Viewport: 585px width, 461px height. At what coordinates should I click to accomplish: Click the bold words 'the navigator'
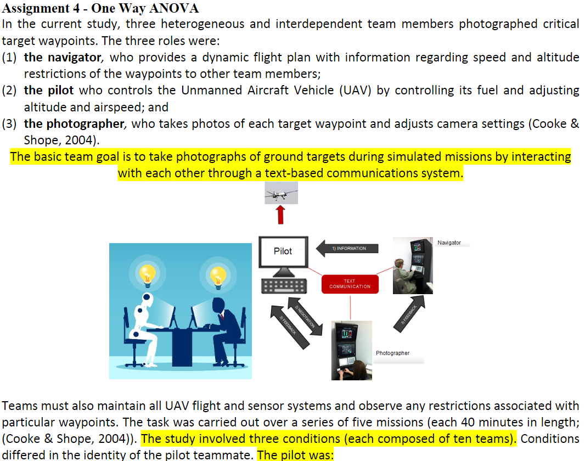[63, 58]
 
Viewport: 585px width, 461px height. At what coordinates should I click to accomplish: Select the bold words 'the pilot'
[49, 91]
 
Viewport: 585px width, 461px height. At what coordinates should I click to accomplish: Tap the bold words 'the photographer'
[74, 123]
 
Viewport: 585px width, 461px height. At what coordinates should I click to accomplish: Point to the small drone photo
[282, 193]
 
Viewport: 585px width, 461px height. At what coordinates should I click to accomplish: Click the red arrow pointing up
[281, 215]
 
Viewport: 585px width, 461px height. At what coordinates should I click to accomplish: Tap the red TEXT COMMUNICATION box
[350, 284]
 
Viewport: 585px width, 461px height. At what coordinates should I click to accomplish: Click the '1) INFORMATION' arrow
[348, 249]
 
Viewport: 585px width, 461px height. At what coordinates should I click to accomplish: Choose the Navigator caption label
[449, 243]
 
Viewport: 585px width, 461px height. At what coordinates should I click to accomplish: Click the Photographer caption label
[392, 353]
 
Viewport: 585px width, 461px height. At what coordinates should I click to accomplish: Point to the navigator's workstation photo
[413, 266]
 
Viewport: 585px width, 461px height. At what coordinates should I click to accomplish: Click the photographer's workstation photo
[351, 350]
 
